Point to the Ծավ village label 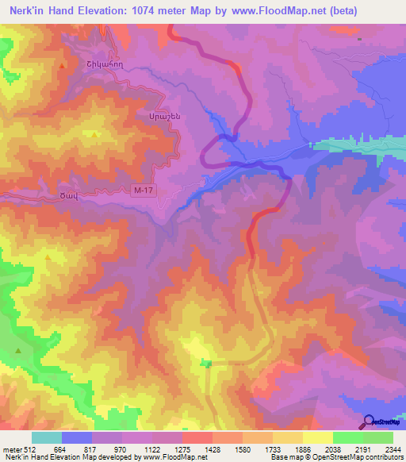pyautogui.click(x=65, y=196)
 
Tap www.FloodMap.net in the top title pyautogui.click(x=269, y=11)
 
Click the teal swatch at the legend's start pyautogui.click(x=47, y=437)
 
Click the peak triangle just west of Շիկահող pyautogui.click(x=62, y=65)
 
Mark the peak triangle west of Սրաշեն pyautogui.click(x=95, y=134)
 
